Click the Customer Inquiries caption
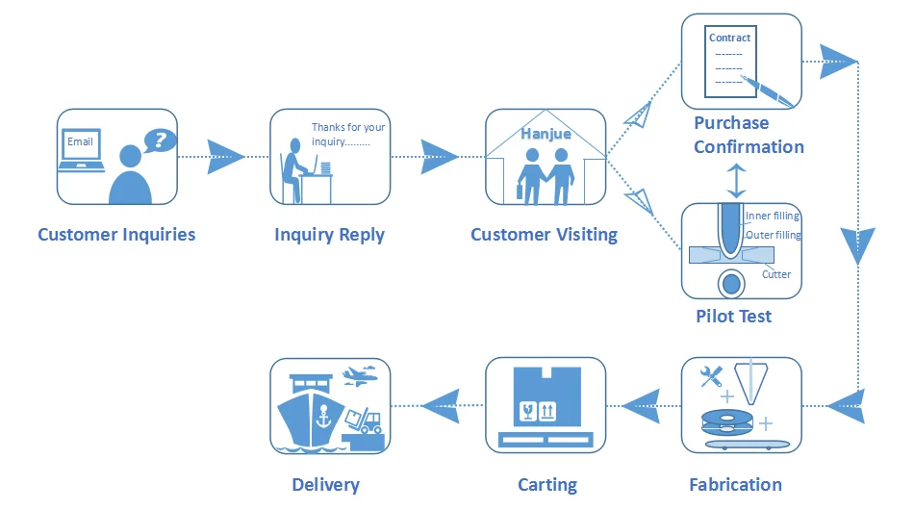(x=116, y=235)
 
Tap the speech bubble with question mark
(x=161, y=141)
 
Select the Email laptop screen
(x=81, y=143)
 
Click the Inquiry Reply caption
(x=329, y=235)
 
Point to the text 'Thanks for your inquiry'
(x=347, y=135)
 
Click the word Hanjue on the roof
(x=546, y=134)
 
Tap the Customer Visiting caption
(x=544, y=235)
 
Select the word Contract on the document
(x=729, y=38)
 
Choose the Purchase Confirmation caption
(x=749, y=135)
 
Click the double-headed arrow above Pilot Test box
(x=736, y=181)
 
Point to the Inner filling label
(x=773, y=217)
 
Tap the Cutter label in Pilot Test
(x=776, y=274)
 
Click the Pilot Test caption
(x=733, y=317)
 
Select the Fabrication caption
(x=735, y=485)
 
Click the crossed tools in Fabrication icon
(x=712, y=378)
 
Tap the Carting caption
(x=547, y=485)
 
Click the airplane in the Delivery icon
(x=358, y=374)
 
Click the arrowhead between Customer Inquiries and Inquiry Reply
(x=225, y=156)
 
